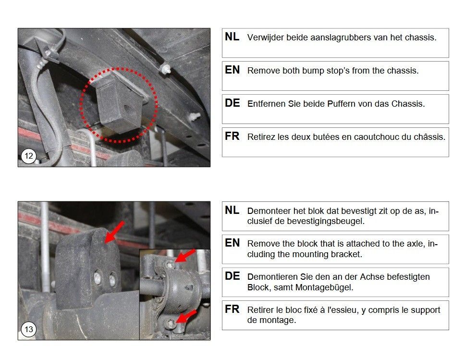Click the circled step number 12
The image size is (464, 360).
click(x=29, y=156)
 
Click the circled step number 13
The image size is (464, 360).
click(x=29, y=329)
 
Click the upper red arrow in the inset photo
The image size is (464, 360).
click(x=185, y=256)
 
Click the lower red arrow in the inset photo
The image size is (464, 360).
click(x=186, y=316)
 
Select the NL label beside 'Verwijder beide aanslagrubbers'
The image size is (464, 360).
click(x=232, y=37)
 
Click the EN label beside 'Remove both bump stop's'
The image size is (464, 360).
click(x=232, y=70)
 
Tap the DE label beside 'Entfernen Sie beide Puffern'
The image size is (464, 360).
click(x=232, y=103)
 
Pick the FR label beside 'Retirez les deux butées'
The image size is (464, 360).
click(x=232, y=136)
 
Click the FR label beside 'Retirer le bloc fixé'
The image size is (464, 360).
click(x=232, y=309)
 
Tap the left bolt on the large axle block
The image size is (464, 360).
click(x=98, y=278)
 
